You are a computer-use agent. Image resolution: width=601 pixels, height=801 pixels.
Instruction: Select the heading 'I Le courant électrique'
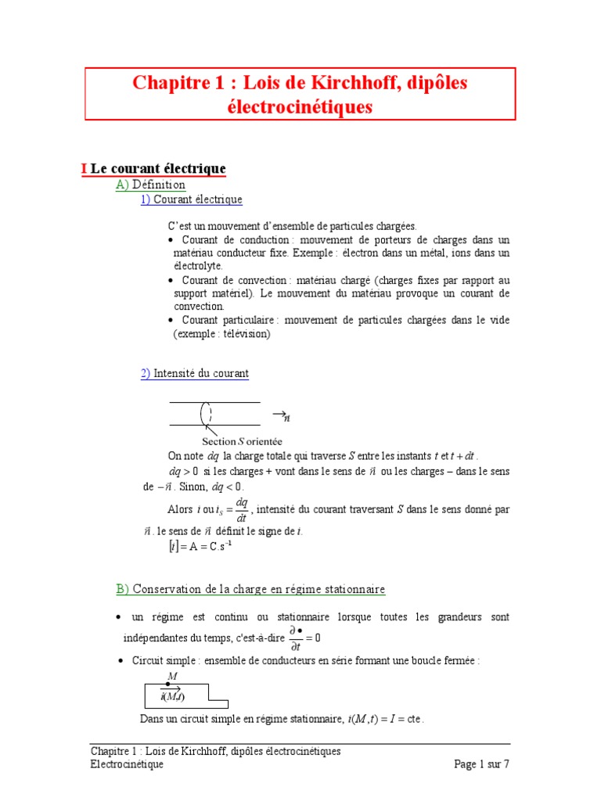tap(153, 169)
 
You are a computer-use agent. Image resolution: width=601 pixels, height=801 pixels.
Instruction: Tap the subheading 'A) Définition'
tap(150, 185)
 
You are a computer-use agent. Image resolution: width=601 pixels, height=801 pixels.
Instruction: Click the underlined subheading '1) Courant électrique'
tap(192, 199)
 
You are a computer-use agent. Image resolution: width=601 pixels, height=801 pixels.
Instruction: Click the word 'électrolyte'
tap(198, 266)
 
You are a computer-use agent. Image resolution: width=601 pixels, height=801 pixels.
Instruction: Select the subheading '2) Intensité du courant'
tap(195, 374)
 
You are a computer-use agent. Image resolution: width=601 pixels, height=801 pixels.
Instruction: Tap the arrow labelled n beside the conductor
tap(280, 415)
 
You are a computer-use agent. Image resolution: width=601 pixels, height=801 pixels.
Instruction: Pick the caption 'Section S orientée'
tap(242, 442)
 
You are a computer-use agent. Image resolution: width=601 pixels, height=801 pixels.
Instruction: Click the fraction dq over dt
tap(242, 509)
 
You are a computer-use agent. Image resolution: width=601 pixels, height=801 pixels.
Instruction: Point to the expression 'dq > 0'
tap(184, 472)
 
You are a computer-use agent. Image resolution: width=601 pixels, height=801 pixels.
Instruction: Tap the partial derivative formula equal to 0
tap(304, 638)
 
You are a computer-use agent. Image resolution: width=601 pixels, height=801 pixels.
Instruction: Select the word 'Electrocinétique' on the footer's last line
tap(127, 765)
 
